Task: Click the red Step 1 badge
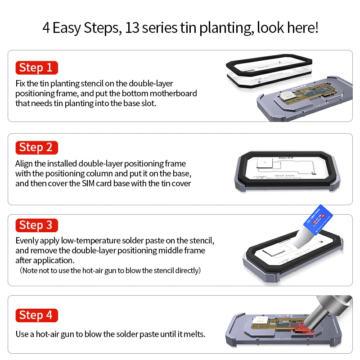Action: pyautogui.click(x=36, y=68)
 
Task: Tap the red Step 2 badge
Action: pyautogui.click(x=36, y=148)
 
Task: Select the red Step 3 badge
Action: pyautogui.click(x=36, y=225)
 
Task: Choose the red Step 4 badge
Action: pyautogui.click(x=36, y=315)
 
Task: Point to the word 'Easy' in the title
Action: pyautogui.click(x=67, y=28)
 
